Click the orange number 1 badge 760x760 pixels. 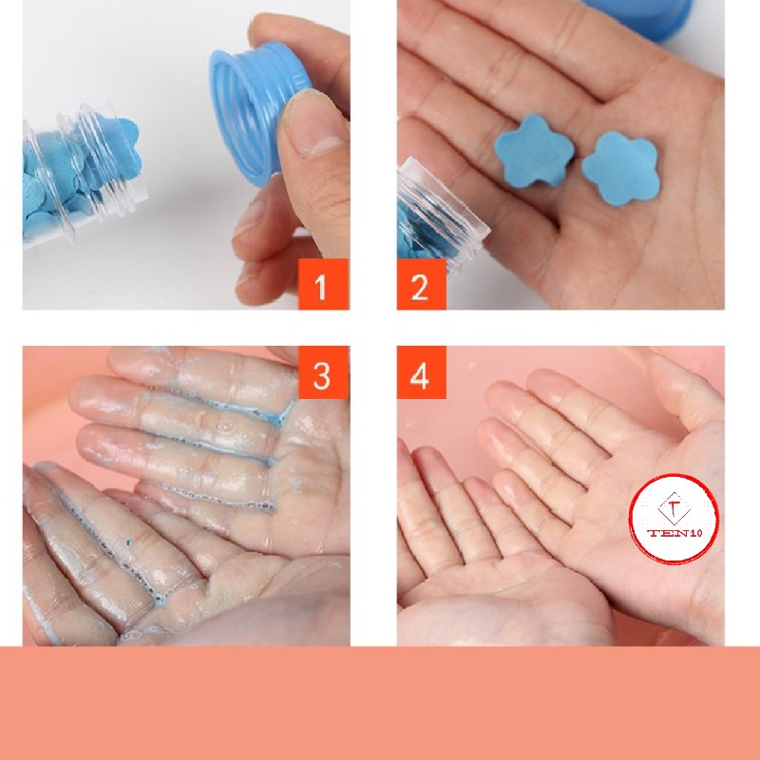pyautogui.click(x=323, y=284)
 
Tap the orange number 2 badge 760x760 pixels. pyautogui.click(x=421, y=284)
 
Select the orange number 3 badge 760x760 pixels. pyautogui.click(x=323, y=372)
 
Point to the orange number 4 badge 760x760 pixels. pyautogui.click(x=421, y=372)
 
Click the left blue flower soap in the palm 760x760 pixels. pyautogui.click(x=534, y=151)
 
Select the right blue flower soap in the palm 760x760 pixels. pyautogui.click(x=620, y=168)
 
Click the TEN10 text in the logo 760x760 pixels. pyautogui.click(x=674, y=534)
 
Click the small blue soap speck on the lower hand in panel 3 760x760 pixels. pyautogui.click(x=129, y=543)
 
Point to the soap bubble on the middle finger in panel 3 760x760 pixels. pyautogui.click(x=224, y=427)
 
